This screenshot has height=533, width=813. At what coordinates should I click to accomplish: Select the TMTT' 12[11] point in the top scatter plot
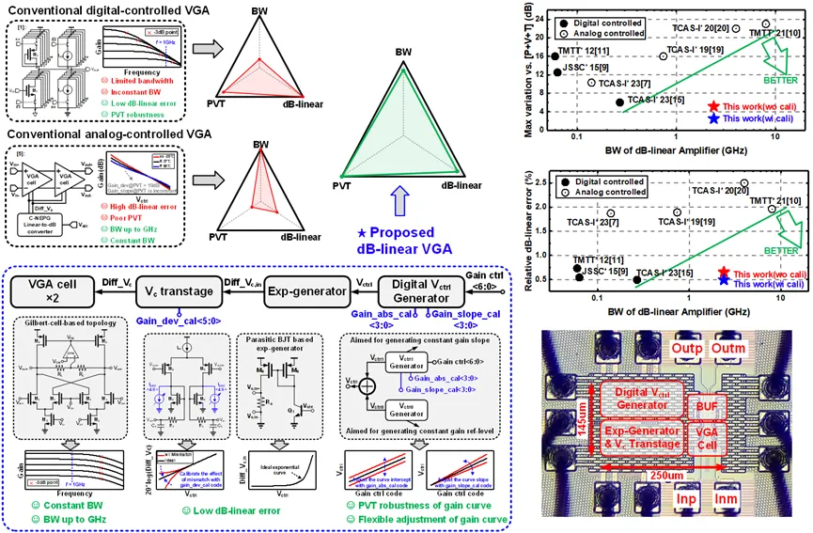[x=555, y=55]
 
